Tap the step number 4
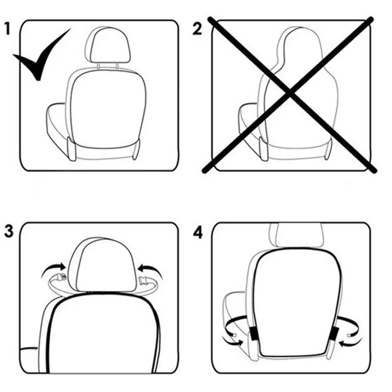pos(198,232)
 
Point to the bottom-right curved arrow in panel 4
pos(348,343)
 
